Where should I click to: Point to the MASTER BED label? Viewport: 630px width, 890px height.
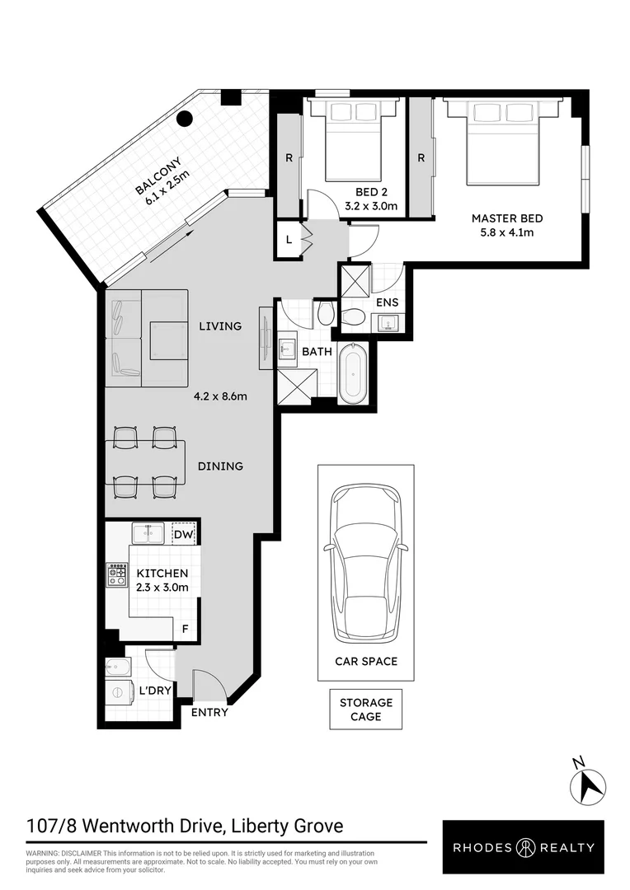point(507,218)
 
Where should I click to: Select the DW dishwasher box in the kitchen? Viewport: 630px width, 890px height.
point(183,534)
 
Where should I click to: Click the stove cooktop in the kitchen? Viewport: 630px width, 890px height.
point(112,574)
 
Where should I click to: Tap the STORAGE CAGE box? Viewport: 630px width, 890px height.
point(366,710)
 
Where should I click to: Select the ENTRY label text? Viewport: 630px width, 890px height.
point(209,713)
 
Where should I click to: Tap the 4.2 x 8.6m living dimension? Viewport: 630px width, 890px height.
point(221,396)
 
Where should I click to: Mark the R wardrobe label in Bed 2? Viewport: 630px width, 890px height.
point(289,157)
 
